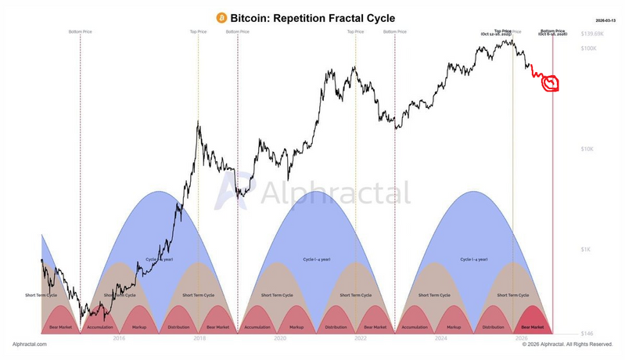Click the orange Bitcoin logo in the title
coord(221,16)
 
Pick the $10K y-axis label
coord(587,149)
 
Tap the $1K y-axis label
coord(585,249)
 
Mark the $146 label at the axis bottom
coord(587,334)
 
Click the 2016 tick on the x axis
coord(119,339)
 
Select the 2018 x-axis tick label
coord(199,339)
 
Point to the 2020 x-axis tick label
coord(280,339)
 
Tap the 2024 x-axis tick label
coord(441,339)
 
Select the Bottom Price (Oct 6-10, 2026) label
coord(552,33)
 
